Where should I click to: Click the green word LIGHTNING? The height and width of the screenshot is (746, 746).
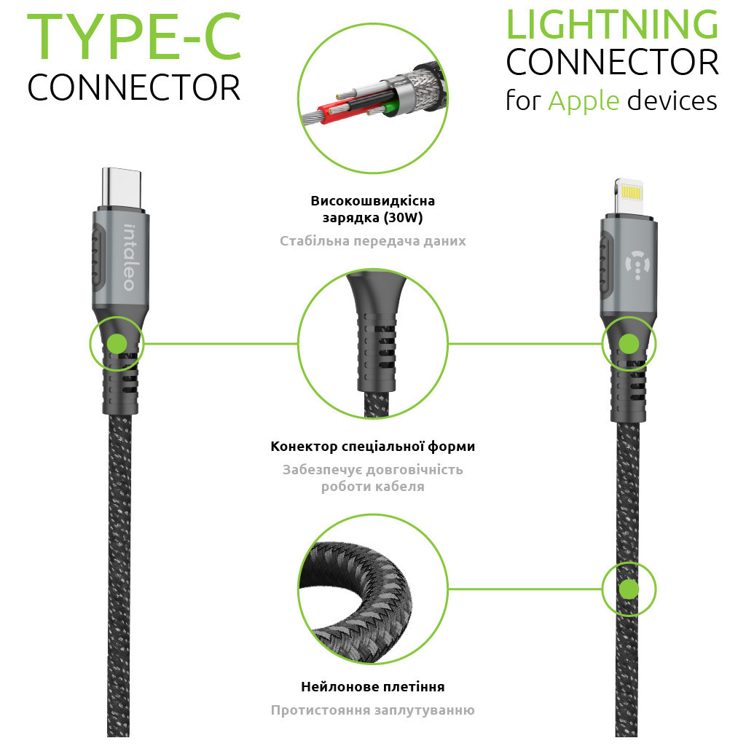(x=612, y=25)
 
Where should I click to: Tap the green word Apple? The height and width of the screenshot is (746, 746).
(x=583, y=100)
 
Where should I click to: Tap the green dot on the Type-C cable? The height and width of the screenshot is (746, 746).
(x=117, y=344)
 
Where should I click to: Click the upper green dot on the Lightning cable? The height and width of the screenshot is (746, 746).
(x=629, y=344)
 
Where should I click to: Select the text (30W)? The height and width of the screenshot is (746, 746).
(x=404, y=218)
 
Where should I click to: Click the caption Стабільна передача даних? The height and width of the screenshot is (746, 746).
(x=372, y=240)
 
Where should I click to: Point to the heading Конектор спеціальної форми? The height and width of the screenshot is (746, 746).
(x=372, y=446)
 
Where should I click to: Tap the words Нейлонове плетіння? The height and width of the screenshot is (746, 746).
(x=372, y=686)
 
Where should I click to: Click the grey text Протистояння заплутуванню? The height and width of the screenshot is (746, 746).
(x=372, y=710)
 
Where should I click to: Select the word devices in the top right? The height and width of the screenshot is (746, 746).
(x=672, y=100)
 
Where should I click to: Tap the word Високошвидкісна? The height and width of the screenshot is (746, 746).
(x=372, y=201)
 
